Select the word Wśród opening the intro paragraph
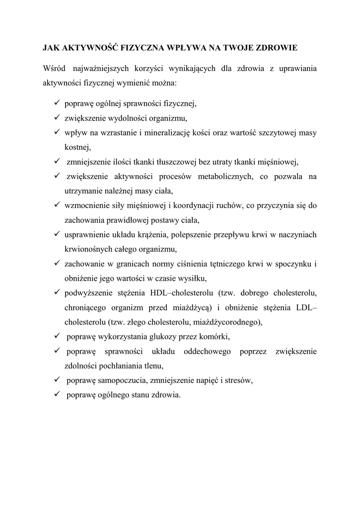[x=54, y=68]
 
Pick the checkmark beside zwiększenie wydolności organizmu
[x=56, y=118]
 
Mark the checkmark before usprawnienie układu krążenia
[x=56, y=234]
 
